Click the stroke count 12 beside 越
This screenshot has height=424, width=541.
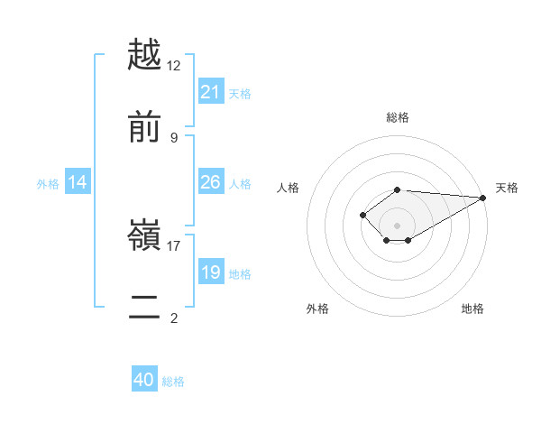pyautogui.click(x=174, y=65)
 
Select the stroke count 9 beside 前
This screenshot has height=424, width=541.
pyautogui.click(x=174, y=137)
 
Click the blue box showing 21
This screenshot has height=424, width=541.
pyautogui.click(x=211, y=92)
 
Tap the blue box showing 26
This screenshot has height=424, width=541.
pyautogui.click(x=211, y=182)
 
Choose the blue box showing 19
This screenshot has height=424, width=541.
pyautogui.click(x=211, y=272)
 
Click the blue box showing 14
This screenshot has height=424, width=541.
pyautogui.click(x=78, y=183)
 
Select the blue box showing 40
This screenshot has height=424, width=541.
pyautogui.click(x=144, y=380)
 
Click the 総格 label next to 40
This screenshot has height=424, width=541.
pyautogui.click(x=173, y=382)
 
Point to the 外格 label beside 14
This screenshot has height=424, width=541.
pyautogui.click(x=48, y=184)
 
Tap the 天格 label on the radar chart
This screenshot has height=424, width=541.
pyautogui.click(x=507, y=188)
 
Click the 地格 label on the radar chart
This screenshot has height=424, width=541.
pyautogui.click(x=472, y=309)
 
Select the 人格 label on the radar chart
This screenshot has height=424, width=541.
pyautogui.click(x=289, y=188)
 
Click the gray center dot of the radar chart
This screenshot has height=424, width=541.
pyautogui.click(x=397, y=226)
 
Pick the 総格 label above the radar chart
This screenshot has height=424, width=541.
pyautogui.click(x=397, y=117)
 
